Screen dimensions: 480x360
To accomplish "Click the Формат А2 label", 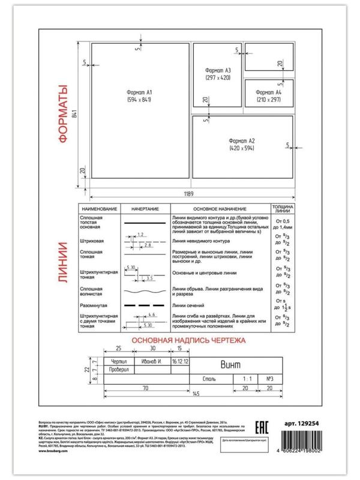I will (x=242, y=139).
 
